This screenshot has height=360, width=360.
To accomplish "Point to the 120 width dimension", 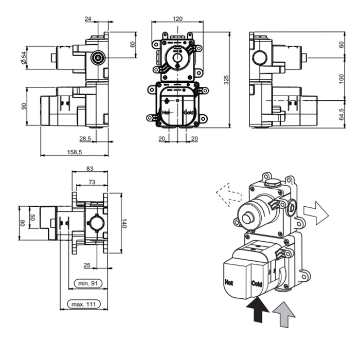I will point(177,19).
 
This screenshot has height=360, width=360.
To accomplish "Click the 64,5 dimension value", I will point(342,113).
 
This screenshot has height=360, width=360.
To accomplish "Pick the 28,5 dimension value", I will point(85,139).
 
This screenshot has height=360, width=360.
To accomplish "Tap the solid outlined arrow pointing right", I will point(315,212).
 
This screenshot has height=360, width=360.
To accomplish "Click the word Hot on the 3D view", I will point(229,282).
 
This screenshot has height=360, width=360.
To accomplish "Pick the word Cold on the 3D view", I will point(257,284).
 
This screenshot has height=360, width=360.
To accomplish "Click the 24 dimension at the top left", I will point(89,19).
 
